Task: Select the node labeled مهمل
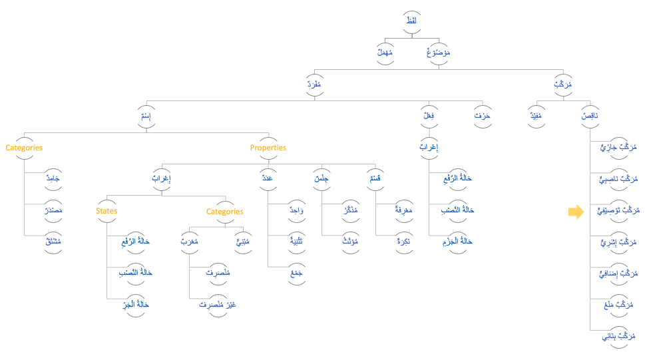click(x=385, y=53)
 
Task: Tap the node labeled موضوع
click(x=438, y=53)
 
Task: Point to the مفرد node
click(x=314, y=85)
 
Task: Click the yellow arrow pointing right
click(x=576, y=212)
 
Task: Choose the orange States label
click(x=107, y=211)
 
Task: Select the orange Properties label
click(x=268, y=148)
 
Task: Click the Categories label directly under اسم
click(x=24, y=148)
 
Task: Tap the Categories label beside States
click(x=224, y=212)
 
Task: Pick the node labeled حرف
click(x=482, y=116)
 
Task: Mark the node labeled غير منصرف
click(x=217, y=304)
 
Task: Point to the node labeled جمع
click(x=296, y=273)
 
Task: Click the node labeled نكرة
click(x=402, y=242)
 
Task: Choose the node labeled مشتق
click(x=52, y=242)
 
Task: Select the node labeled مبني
click(x=244, y=242)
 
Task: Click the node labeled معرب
click(x=190, y=242)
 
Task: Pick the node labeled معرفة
click(x=402, y=210)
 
